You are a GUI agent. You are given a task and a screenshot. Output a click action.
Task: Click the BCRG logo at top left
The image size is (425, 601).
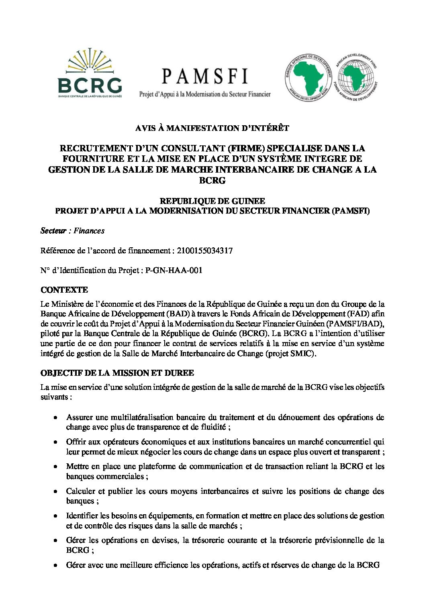[90, 73]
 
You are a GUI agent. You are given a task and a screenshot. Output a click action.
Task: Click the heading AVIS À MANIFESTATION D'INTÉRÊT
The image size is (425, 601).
[212, 128]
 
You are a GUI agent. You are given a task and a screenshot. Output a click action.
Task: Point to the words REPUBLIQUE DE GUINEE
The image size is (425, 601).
[212, 201]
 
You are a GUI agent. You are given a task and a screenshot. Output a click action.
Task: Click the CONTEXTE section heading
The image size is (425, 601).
[64, 290]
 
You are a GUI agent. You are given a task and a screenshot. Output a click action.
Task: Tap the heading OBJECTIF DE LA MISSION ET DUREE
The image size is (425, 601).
[117, 373]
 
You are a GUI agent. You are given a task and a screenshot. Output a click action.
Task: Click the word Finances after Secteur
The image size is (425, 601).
[89, 231]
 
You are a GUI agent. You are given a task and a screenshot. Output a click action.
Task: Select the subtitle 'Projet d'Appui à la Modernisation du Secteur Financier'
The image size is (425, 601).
[204, 94]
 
